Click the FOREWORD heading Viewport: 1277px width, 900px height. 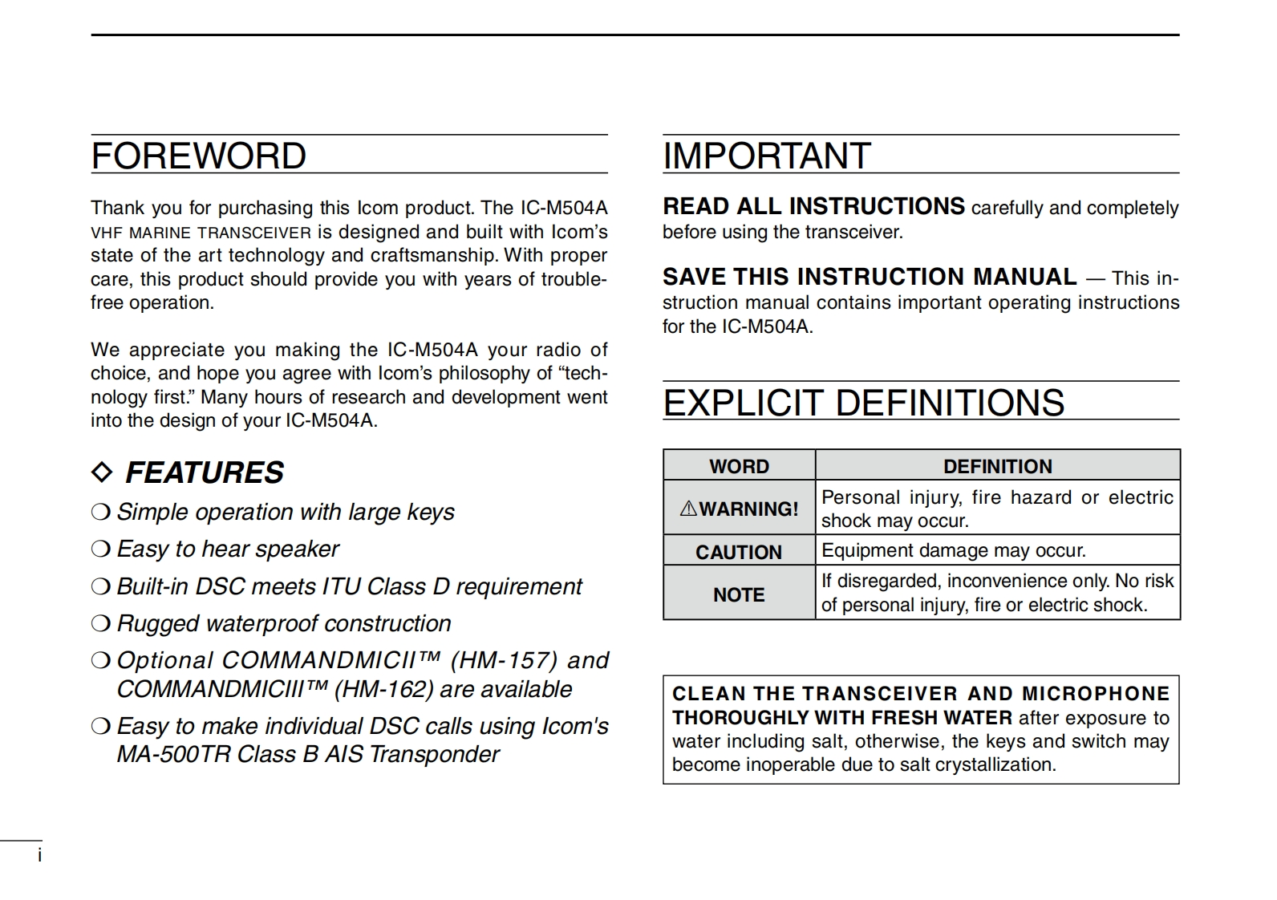198,156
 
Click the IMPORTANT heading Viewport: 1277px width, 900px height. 766,156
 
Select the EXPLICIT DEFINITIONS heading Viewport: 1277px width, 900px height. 863,403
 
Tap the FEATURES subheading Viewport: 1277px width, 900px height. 205,472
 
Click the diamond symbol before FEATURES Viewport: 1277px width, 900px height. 102,472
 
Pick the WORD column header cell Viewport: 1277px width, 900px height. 739,466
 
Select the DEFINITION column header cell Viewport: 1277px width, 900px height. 997,466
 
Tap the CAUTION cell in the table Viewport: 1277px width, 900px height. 739,552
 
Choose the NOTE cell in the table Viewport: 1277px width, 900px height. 739,594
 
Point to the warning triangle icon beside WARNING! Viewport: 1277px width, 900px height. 688,509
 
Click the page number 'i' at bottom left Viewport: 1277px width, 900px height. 39,856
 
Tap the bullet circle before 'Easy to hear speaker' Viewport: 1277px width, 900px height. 100,549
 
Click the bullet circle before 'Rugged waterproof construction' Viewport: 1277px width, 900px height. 100,624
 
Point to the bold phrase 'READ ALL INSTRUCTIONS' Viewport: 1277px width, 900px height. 813,207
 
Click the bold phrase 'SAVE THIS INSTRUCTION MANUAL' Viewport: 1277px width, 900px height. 870,278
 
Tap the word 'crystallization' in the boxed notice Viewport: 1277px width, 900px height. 995,764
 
